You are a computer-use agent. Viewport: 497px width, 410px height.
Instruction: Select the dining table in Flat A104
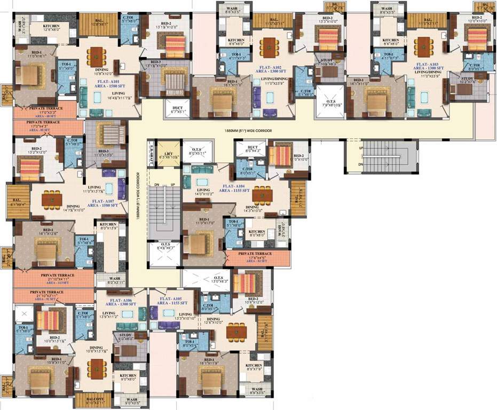point(262,195)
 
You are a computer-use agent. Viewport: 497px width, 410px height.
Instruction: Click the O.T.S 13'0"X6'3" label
point(218,279)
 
